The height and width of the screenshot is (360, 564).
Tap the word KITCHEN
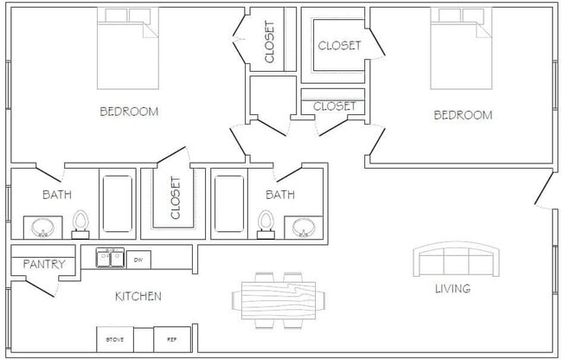click(138, 296)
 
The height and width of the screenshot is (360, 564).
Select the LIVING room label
click(452, 288)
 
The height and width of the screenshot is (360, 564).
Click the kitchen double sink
click(109, 258)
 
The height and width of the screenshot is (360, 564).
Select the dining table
click(279, 299)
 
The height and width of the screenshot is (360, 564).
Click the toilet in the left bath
click(81, 224)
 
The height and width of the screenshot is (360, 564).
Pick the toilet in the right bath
click(266, 224)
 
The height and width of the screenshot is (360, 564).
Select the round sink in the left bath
click(42, 228)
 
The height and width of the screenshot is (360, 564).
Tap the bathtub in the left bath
click(118, 204)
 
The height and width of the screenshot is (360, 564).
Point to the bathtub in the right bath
click(229, 204)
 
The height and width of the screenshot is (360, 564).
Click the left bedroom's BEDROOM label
click(129, 111)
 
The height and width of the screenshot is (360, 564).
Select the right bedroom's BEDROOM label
click(463, 114)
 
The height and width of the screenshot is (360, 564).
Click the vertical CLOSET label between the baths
click(176, 198)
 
